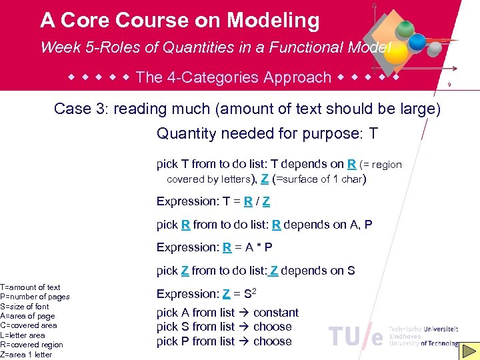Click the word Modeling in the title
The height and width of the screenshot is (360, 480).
point(273,21)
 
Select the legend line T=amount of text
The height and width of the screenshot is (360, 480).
point(31,287)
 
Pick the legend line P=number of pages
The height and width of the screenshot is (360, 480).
point(35,297)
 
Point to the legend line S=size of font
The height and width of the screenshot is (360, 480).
point(25,307)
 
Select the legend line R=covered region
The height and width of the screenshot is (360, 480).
point(32,345)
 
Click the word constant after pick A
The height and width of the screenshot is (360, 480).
point(276,313)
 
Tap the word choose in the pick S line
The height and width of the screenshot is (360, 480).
point(273,327)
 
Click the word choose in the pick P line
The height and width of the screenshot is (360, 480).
point(273,341)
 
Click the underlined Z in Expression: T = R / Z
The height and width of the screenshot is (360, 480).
point(267,201)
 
